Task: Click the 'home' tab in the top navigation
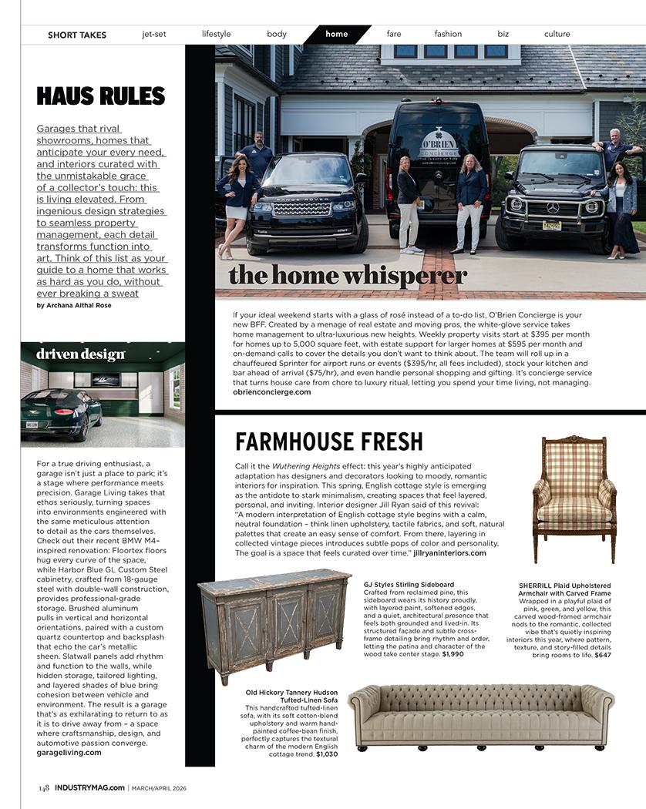337,34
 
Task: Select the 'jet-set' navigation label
154,34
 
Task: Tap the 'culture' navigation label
557,34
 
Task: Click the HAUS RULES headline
101,96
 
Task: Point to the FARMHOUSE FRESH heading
329,442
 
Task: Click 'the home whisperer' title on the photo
348,275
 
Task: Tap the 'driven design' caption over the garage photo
80,354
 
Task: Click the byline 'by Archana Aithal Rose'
74,306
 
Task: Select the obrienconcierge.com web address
272,392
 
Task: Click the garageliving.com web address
69,753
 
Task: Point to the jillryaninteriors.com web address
449,553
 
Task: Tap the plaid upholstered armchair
575,498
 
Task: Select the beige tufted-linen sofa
480,715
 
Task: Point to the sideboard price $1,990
453,654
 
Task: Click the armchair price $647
602,655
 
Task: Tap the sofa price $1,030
327,754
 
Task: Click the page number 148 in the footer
44,787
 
